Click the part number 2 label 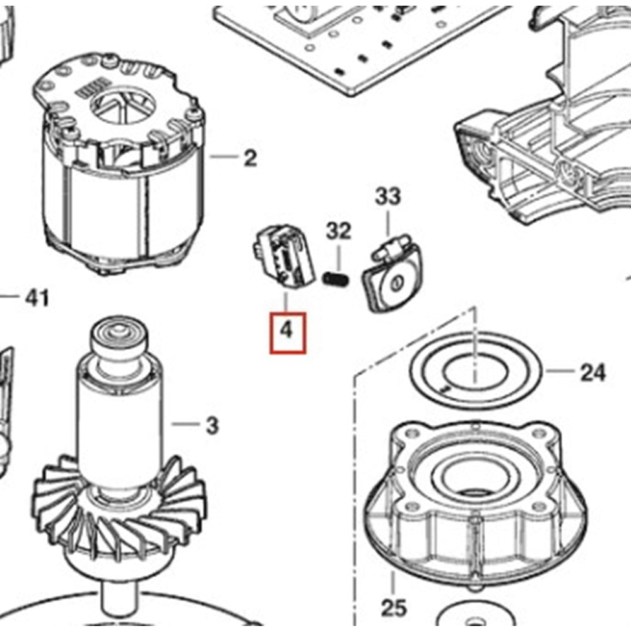(251, 158)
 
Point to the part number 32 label (338, 231)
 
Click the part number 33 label (387, 197)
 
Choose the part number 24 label (592, 372)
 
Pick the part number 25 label (394, 608)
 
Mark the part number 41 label (37, 297)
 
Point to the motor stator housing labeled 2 (120, 183)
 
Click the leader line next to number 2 (223, 156)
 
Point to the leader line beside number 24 (559, 371)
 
